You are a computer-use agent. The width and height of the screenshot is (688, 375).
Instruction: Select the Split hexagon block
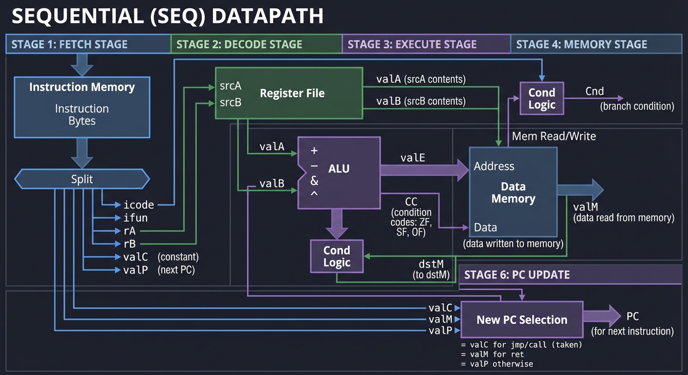(82, 179)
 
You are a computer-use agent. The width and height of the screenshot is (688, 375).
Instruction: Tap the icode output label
(139, 205)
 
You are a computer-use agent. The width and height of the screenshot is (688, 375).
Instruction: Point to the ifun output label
(135, 218)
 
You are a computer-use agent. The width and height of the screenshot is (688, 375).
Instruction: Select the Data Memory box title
(513, 193)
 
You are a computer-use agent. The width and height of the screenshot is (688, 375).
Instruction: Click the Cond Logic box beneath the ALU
(337, 256)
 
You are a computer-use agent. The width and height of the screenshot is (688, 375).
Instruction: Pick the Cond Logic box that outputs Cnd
(541, 99)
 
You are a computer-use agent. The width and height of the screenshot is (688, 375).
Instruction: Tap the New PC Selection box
(521, 320)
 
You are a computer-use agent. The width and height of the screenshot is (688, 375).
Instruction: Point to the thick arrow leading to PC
(602, 316)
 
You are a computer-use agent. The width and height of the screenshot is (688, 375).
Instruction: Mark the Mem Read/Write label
(554, 136)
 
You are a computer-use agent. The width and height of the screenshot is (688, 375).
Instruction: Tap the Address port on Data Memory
(494, 167)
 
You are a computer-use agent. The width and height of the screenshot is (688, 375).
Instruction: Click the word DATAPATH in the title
(268, 17)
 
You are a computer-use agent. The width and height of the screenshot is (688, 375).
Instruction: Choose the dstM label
(431, 264)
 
